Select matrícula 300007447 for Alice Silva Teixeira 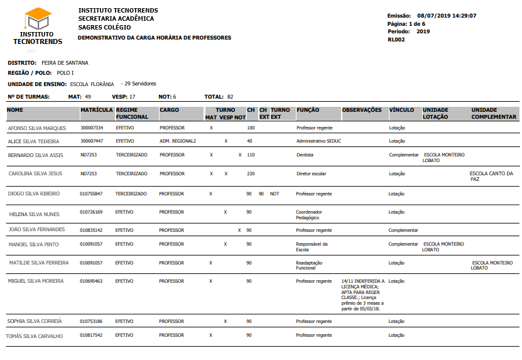[x=92, y=141]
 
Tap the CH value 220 [x=251, y=173]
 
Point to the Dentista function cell [x=305, y=155]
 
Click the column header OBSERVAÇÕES [x=362, y=111]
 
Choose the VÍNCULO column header [x=402, y=111]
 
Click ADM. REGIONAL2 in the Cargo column [x=178, y=141]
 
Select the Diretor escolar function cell [x=311, y=173]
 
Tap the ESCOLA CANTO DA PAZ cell [x=491, y=176]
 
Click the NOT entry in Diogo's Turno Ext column [x=275, y=194]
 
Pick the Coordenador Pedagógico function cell [x=309, y=215]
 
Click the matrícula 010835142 [x=91, y=231]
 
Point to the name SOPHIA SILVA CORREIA [x=35, y=322]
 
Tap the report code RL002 [x=396, y=39]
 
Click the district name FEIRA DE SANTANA [x=65, y=63]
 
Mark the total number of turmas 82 [x=231, y=97]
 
